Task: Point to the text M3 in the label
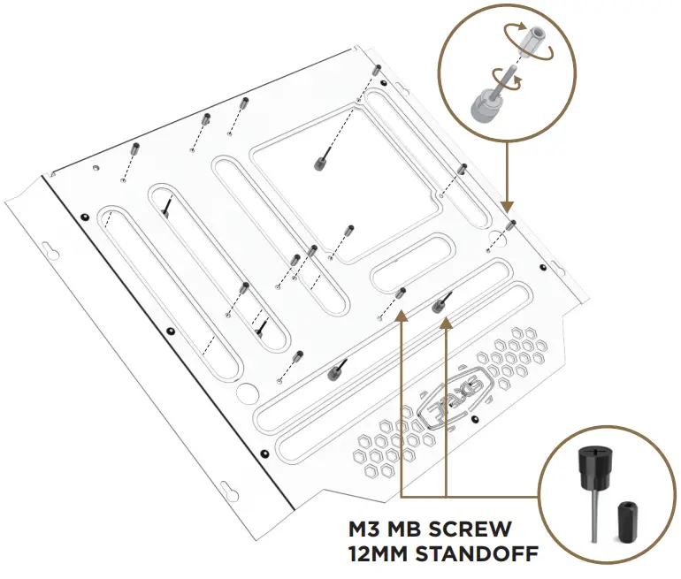[x=365, y=530]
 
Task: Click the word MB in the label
[x=405, y=530]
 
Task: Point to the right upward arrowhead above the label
[x=446, y=320]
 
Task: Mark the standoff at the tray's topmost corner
[x=377, y=71]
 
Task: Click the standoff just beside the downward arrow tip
[x=513, y=224]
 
